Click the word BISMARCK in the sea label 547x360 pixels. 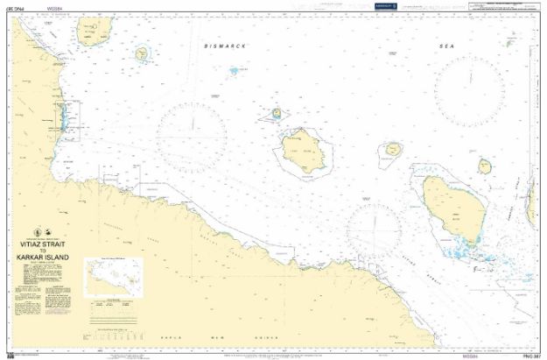(226, 45)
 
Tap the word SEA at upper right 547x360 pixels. (448, 45)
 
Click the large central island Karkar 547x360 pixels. (303, 150)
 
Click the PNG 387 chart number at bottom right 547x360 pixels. (529, 355)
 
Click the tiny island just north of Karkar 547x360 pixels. (277, 113)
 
